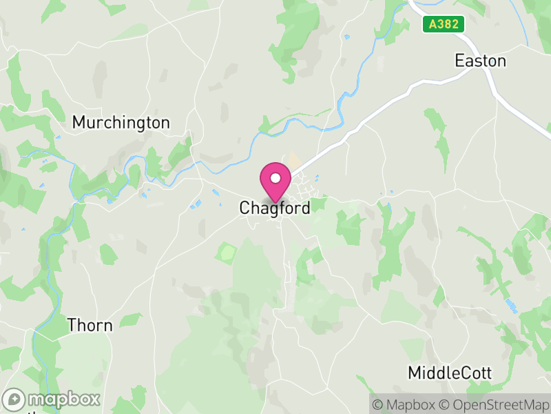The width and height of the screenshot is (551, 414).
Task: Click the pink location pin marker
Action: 275,181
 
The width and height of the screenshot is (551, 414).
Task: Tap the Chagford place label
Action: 275,208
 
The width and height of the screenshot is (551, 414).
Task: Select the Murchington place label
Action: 121,123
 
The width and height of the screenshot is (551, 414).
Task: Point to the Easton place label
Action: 480,61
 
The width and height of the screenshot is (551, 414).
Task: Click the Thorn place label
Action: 90,325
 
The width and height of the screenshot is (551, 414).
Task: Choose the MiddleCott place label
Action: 450,373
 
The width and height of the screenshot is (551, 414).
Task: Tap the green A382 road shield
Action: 443,24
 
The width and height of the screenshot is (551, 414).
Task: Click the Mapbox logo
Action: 52,400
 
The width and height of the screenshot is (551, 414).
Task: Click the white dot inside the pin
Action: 275,178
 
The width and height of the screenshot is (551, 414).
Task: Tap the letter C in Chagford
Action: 245,208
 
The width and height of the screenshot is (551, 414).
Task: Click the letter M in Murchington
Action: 79,123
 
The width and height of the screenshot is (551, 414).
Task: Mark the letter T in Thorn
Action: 72,325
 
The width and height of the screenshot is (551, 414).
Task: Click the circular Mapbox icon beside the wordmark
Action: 14,400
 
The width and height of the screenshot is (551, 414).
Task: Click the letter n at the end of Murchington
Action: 165,123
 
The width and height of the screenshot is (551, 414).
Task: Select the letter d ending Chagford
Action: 305,208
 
